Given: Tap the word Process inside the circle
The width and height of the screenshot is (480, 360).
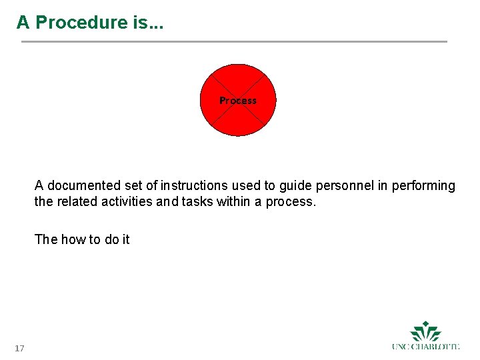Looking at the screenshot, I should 238,101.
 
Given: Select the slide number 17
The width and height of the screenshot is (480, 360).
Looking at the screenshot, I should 19,349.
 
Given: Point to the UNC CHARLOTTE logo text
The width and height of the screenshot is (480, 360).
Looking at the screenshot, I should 426,346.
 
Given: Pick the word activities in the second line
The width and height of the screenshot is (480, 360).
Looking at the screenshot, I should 127,201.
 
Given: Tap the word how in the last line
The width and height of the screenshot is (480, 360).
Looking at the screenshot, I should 73,239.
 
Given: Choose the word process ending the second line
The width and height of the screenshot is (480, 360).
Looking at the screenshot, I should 290,201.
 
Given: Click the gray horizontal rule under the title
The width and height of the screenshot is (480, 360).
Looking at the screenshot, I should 234,42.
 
